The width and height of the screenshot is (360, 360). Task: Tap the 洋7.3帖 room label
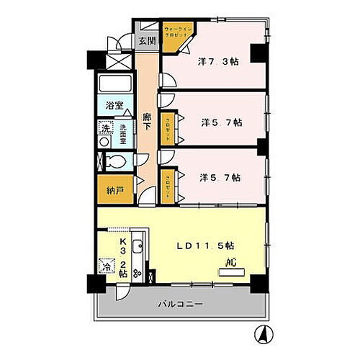point(218,63)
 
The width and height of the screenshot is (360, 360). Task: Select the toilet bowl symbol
point(105,162)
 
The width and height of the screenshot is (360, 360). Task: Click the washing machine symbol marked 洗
point(105,130)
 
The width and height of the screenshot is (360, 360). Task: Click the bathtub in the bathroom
point(113,84)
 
